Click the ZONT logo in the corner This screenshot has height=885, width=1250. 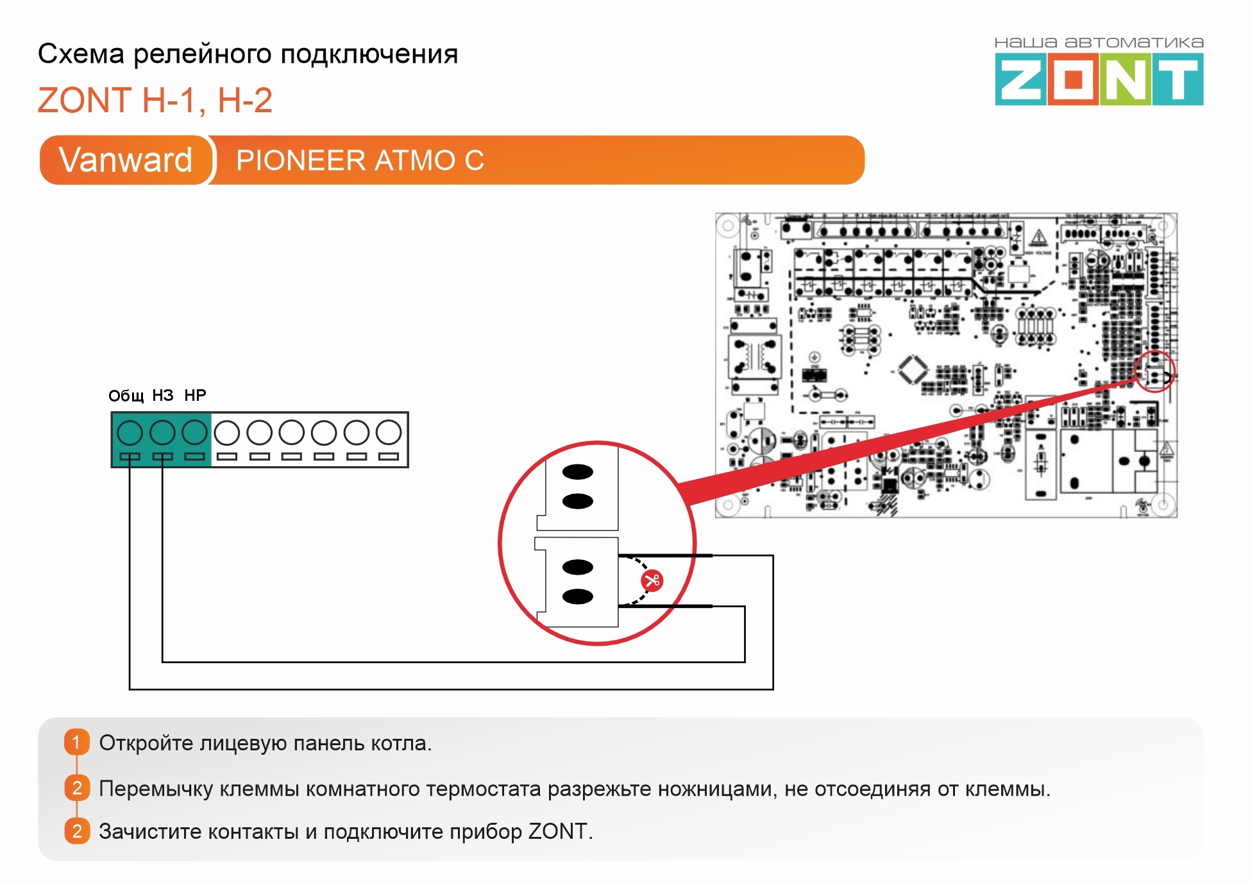click(x=1099, y=80)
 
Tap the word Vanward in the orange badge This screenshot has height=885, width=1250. click(x=126, y=160)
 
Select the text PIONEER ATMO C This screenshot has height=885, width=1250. click(x=360, y=160)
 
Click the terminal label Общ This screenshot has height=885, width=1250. click(x=126, y=396)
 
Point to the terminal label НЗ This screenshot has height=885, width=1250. click(x=163, y=395)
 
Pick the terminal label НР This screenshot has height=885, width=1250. click(x=195, y=395)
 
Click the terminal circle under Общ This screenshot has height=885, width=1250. click(x=130, y=433)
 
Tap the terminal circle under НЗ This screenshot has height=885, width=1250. click(x=162, y=433)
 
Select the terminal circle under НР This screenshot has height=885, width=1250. click(x=194, y=433)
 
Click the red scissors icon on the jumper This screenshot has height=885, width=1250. click(x=652, y=581)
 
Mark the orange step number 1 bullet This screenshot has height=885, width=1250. click(x=76, y=743)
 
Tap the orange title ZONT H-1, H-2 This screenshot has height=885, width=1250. click(x=155, y=101)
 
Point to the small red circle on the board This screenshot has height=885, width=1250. click(x=1154, y=371)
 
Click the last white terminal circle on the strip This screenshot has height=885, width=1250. click(x=389, y=433)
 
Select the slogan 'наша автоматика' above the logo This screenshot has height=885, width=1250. click(x=1099, y=43)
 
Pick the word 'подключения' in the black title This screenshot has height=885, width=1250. click(x=369, y=55)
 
